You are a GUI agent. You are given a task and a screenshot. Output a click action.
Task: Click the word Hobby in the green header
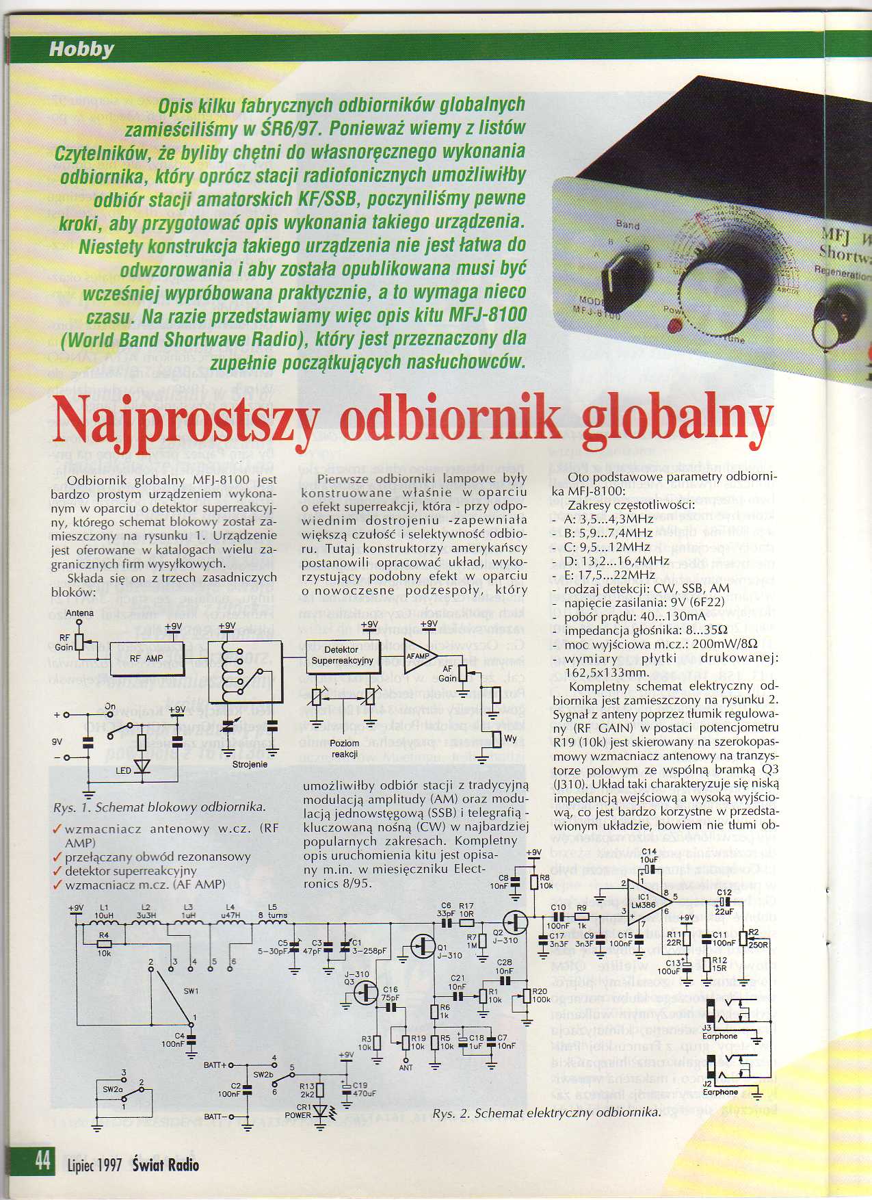tap(81, 49)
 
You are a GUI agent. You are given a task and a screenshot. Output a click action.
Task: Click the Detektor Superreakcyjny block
tap(342, 655)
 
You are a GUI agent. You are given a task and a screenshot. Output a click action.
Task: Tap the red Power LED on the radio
tap(676, 324)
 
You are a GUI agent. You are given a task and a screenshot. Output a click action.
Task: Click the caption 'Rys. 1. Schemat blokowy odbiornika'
tap(159, 807)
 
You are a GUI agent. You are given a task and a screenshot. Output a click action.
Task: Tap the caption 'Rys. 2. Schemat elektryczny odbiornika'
tap(547, 1113)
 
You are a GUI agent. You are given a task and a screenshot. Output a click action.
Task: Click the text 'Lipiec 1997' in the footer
tap(94, 1164)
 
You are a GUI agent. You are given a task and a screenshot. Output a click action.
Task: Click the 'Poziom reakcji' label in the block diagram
tap(345, 748)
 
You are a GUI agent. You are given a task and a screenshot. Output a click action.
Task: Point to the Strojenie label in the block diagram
tap(250, 764)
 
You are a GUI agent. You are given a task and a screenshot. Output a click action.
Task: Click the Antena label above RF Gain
tap(79, 612)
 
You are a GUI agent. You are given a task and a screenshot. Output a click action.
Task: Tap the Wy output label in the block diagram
tap(510, 738)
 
